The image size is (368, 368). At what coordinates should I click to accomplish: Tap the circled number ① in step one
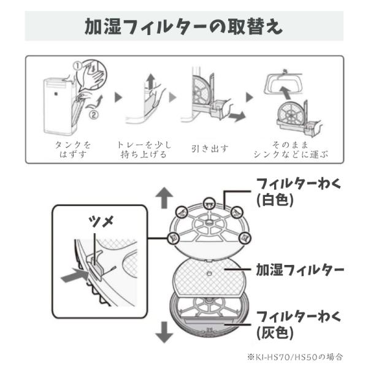click(78, 64)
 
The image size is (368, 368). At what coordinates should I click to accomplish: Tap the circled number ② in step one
click(93, 113)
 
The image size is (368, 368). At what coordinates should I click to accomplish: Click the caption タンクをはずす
click(72, 149)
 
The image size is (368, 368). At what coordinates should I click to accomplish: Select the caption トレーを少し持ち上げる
click(144, 149)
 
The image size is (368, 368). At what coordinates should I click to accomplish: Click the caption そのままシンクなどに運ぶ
click(290, 149)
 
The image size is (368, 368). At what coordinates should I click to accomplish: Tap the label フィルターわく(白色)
click(289, 192)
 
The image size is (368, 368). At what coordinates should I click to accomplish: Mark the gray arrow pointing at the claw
click(75, 277)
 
